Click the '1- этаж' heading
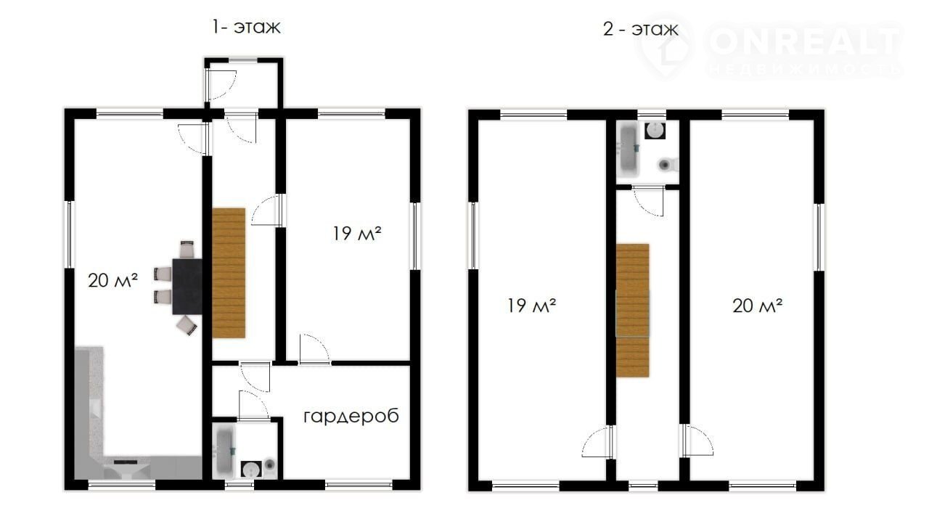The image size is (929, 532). (x=246, y=28)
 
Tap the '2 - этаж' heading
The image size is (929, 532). (x=641, y=30)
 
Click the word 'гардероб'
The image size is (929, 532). (x=351, y=416)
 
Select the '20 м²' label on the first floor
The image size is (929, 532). (x=112, y=281)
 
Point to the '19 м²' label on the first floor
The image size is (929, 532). (x=357, y=234)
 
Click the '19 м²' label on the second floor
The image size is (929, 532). (x=532, y=306)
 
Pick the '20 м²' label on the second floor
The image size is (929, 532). (x=757, y=306)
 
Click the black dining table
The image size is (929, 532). (x=187, y=286)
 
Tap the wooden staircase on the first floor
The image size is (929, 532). (x=229, y=273)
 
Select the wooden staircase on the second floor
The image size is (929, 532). (x=632, y=311)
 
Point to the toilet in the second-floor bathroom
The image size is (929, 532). (x=668, y=165)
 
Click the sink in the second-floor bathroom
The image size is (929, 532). (x=655, y=131)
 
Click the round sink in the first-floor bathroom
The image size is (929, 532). (x=251, y=470)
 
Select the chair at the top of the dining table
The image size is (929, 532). (x=187, y=249)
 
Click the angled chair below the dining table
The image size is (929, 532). (x=187, y=325)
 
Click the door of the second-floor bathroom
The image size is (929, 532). (x=648, y=201)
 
